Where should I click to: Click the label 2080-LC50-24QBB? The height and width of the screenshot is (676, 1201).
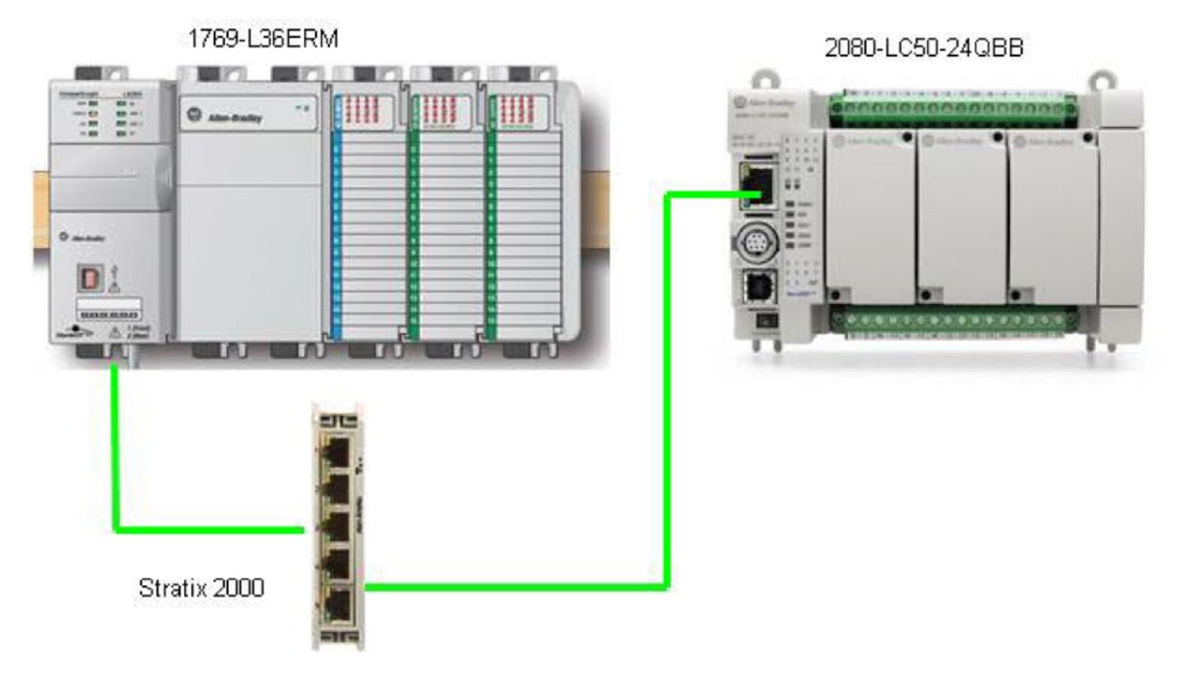pos(923,49)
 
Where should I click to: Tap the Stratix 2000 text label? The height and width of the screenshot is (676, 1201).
pos(201,589)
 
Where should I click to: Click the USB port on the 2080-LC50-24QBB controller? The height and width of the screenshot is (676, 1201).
pos(755,285)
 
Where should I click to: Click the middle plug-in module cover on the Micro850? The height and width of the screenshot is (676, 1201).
pos(961,216)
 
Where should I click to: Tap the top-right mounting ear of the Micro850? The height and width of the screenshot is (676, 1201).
pos(1101,80)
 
